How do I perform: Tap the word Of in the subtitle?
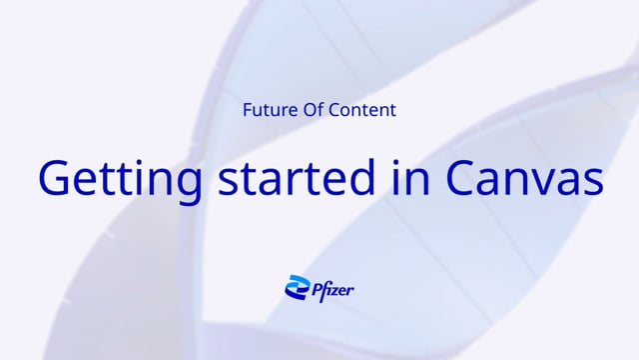[x=311, y=110]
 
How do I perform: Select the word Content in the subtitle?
[x=360, y=110]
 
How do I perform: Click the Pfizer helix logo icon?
[x=296, y=288]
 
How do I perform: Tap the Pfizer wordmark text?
[x=332, y=289]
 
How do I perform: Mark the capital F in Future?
[x=247, y=110]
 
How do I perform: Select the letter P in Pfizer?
[x=315, y=288]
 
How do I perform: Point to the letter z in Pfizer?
[x=334, y=290]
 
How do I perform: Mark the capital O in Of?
[x=307, y=110]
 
